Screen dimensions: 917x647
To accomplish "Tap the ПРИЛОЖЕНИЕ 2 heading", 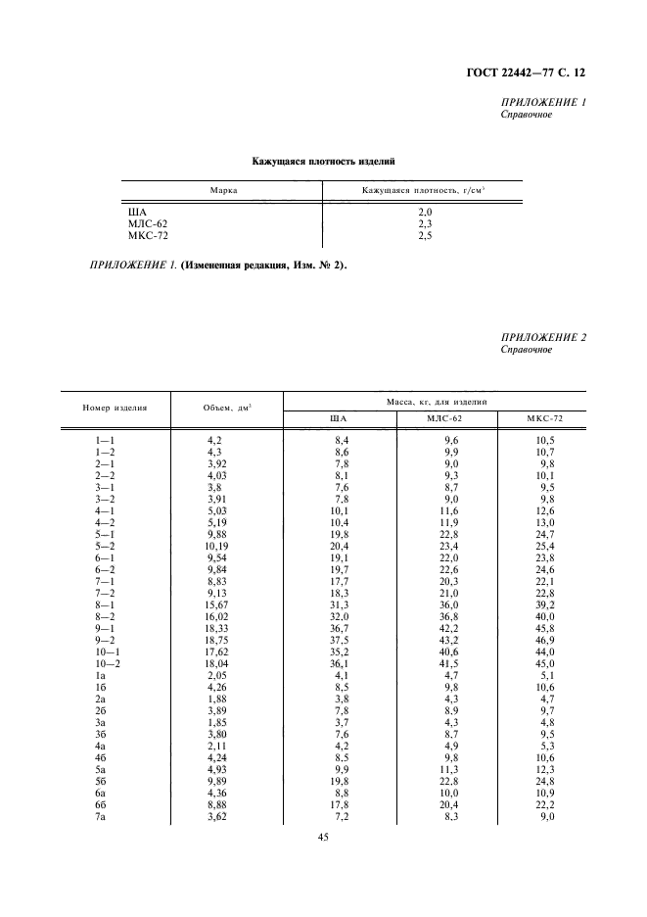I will click(542, 338).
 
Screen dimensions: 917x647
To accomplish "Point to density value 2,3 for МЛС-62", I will click(424, 223).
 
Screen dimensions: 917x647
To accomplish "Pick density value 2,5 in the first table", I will click(424, 234).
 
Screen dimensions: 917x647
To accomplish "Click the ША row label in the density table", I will click(137, 213).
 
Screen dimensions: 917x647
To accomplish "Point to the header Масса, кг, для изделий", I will click(434, 401).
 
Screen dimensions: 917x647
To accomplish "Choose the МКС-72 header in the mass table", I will click(540, 419).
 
